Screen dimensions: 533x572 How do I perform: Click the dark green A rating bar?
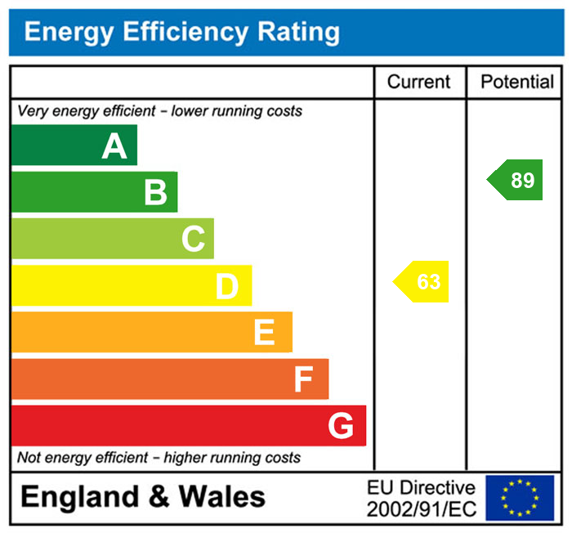coord(74,146)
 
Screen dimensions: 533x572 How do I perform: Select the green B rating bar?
coord(94,192)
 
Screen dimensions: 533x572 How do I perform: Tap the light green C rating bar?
coord(112,239)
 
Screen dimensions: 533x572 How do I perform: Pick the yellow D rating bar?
coord(131,285)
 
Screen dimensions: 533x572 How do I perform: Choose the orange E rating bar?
coord(151,332)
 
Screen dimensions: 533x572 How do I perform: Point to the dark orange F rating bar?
coord(169,378)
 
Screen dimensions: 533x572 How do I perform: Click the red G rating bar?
coord(188,425)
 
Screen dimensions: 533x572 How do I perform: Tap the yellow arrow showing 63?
coord(422,282)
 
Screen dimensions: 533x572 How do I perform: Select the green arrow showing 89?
coord(516,180)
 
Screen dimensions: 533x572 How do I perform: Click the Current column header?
coord(418,82)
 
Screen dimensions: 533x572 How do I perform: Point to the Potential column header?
coord(517,82)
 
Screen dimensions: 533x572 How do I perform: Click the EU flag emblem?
coord(520,498)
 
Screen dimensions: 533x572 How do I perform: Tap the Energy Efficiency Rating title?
coord(181,33)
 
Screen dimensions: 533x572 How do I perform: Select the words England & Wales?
coord(143,496)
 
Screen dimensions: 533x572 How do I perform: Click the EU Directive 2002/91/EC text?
coord(421,499)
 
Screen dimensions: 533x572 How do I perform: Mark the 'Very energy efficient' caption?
coord(159,111)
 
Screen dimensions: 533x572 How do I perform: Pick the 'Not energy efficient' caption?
coord(159,458)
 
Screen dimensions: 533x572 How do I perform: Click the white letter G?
coord(340,426)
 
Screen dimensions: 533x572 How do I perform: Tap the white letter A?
coord(114,146)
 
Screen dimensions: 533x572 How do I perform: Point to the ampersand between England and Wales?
coord(159,497)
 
